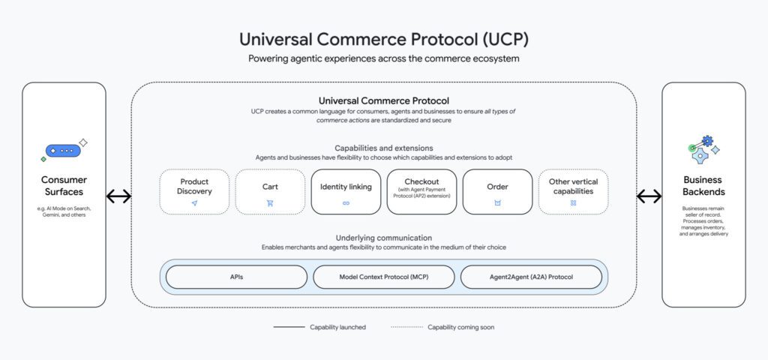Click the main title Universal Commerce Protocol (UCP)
point(383,39)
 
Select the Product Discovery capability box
point(194,191)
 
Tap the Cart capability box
point(270,191)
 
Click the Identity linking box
point(346,191)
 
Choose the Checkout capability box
point(421,191)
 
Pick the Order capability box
point(497,191)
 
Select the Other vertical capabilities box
point(573,191)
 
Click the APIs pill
point(236,277)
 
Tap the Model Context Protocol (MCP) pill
point(383,277)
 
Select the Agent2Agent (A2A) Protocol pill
point(531,277)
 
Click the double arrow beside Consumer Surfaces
point(118,196)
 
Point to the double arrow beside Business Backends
point(649,196)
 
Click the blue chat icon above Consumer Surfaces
point(64,151)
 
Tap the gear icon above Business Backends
point(703,151)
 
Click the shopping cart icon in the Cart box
point(270,203)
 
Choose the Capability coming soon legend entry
point(442,327)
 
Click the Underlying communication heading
point(383,238)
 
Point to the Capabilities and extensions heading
point(383,148)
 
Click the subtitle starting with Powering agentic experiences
point(383,58)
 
